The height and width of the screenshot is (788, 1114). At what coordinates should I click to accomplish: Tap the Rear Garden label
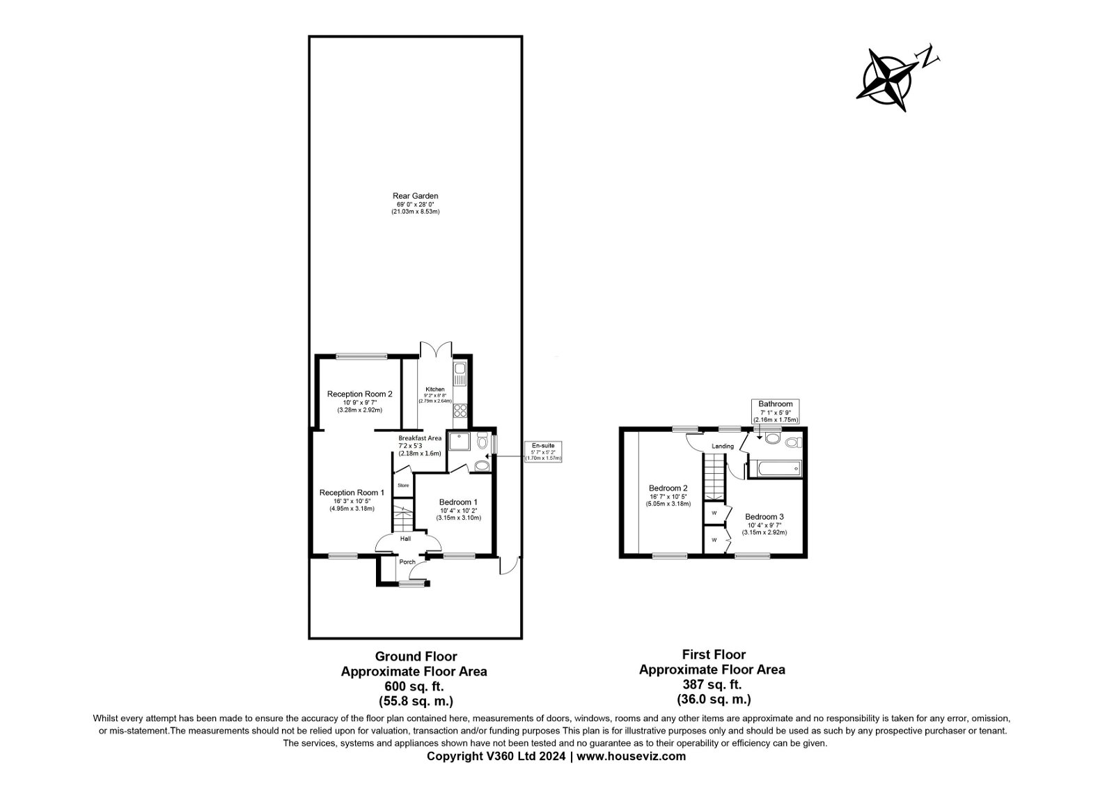415,196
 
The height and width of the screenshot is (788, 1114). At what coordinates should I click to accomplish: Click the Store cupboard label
402,485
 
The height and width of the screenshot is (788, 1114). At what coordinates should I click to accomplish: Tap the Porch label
407,562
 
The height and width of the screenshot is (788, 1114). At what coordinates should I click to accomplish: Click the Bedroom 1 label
458,502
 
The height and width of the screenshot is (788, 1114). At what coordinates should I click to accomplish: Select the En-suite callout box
543,451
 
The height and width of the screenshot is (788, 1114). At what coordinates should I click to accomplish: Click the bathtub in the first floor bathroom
775,469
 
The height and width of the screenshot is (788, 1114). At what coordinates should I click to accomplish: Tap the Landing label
723,447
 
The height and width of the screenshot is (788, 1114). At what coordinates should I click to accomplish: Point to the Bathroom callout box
776,411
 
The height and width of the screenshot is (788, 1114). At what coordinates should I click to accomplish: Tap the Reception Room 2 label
359,394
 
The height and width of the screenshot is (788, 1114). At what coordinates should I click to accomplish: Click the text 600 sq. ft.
414,686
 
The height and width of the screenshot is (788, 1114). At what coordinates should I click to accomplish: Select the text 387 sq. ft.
712,684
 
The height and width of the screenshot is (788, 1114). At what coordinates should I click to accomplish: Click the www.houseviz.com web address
631,756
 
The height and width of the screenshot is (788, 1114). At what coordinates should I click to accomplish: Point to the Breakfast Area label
420,438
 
